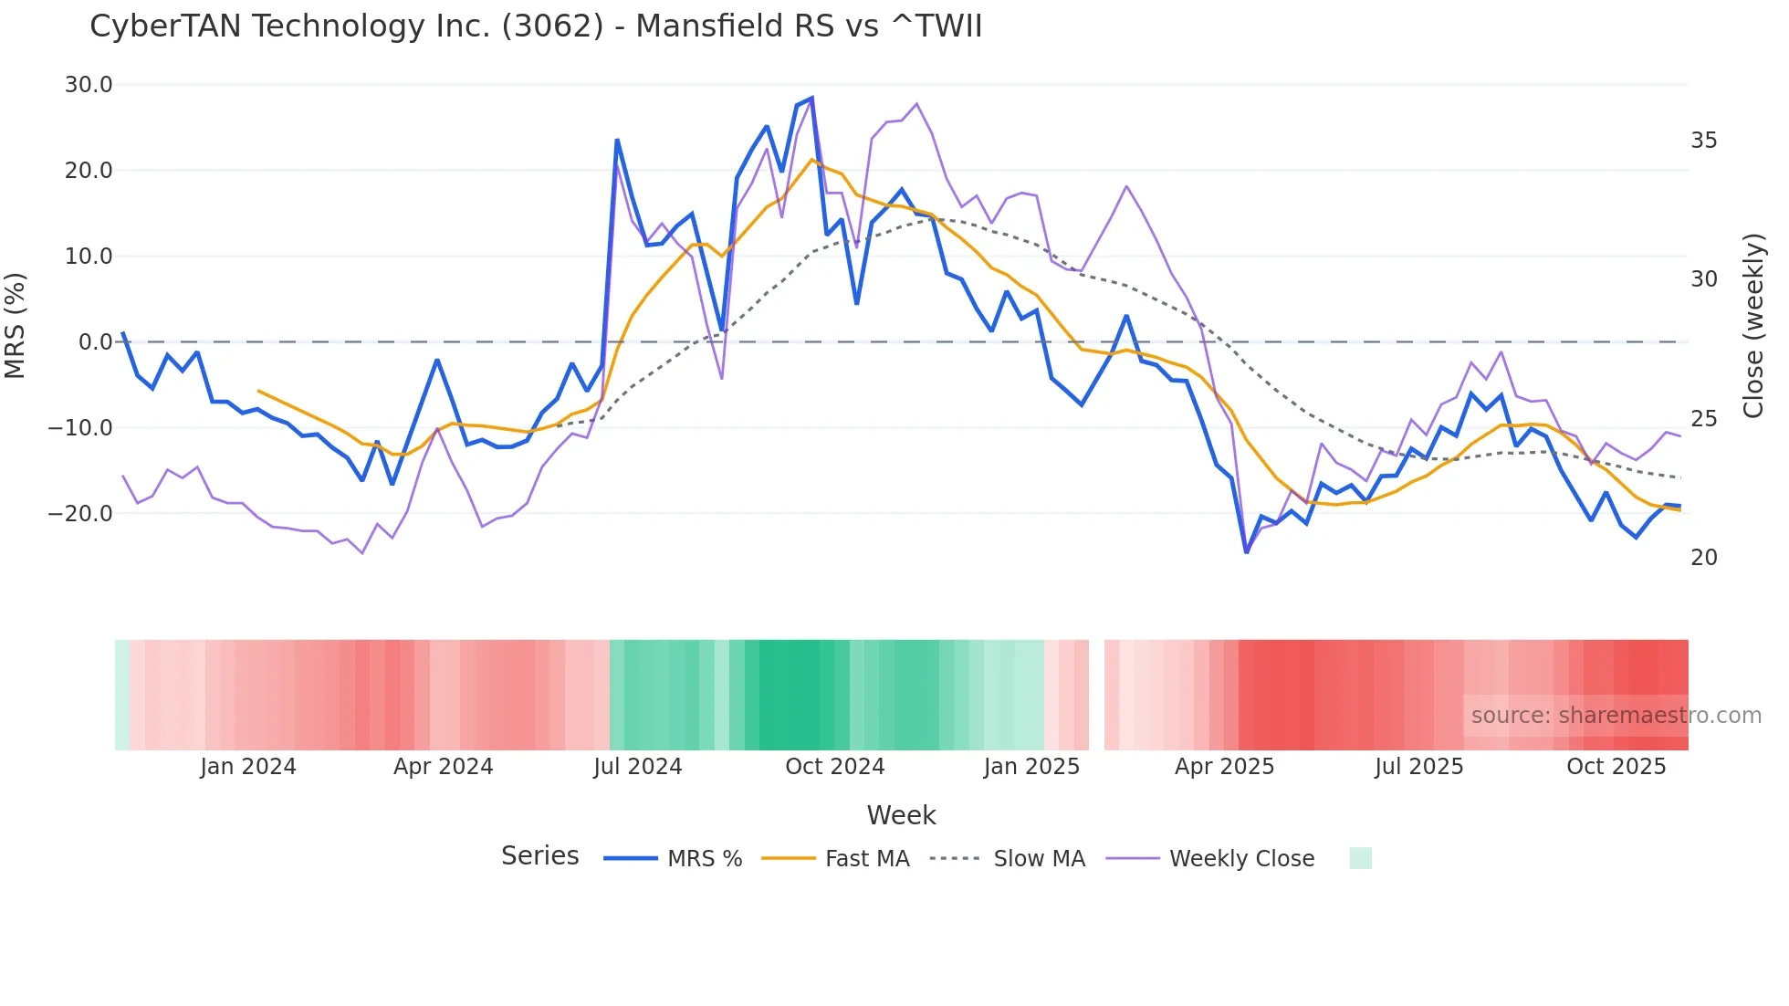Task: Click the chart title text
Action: pos(536,26)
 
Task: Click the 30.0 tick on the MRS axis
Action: pos(89,85)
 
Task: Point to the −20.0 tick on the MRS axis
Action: pos(81,513)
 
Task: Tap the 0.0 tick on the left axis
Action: pos(95,342)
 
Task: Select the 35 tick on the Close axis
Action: pos(1703,141)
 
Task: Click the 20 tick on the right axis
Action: pos(1703,558)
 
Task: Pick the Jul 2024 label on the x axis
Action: pos(638,767)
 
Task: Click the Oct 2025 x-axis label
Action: pos(1616,767)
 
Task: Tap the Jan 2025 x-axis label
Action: pos(1031,767)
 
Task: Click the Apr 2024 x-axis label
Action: pos(443,767)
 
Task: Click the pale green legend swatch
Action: pos(1360,858)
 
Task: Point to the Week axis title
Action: pos(901,815)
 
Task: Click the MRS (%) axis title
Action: pos(16,325)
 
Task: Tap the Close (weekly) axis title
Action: pos(1753,326)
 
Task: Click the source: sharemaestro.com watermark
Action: pos(1616,716)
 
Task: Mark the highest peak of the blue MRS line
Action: pos(811,98)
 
